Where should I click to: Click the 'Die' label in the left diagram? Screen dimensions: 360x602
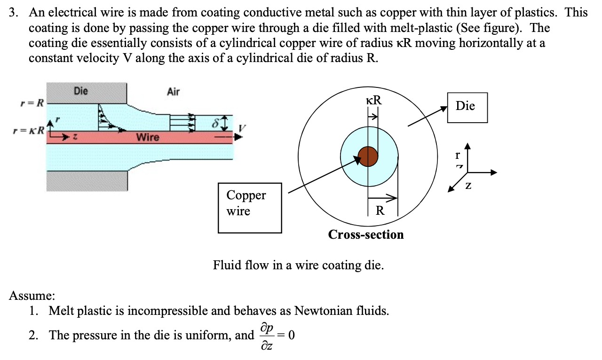point(80,91)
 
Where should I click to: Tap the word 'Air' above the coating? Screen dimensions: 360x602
point(173,92)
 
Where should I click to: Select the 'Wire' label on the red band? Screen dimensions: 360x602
point(148,137)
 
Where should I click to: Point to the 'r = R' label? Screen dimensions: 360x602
point(32,102)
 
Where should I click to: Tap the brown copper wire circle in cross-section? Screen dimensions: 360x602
point(368,157)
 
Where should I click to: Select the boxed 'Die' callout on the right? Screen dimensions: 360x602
point(467,107)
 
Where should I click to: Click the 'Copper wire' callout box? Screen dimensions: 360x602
point(250,207)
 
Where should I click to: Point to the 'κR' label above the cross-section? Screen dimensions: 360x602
point(373,100)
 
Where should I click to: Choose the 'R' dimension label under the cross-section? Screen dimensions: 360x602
point(380,210)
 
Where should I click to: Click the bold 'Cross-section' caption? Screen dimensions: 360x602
point(366,235)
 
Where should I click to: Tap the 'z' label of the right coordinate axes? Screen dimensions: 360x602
point(468,187)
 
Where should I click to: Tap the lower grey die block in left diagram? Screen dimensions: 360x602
point(87,181)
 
